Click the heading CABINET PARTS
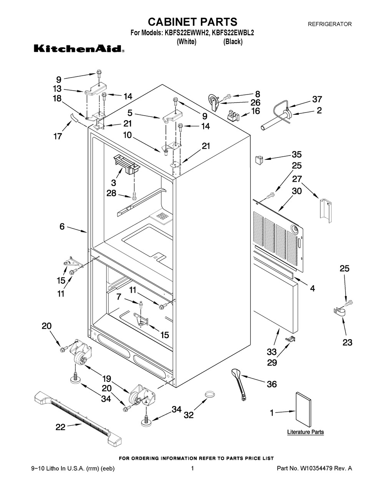(x=192, y=22)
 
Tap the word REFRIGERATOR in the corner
(x=330, y=24)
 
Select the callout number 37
(x=317, y=99)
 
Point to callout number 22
(x=61, y=427)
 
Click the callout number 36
(x=271, y=384)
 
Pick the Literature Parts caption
(x=305, y=432)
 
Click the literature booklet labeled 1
(x=303, y=410)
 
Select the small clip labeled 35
(x=259, y=159)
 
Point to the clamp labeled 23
(x=339, y=312)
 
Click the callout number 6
(x=62, y=227)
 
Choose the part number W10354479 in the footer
(x=320, y=468)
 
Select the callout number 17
(x=58, y=136)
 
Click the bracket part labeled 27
(x=325, y=210)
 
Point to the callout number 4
(x=313, y=288)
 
